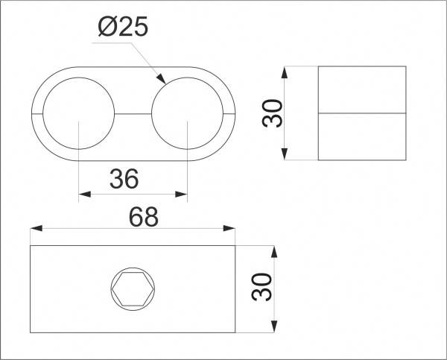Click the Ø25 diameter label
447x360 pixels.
pyautogui.click(x=123, y=26)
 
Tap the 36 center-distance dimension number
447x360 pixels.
pyautogui.click(x=124, y=179)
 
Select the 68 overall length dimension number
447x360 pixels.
pyautogui.click(x=143, y=217)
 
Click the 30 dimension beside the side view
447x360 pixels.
pyautogui.click(x=272, y=113)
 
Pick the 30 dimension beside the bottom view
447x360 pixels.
pyautogui.click(x=262, y=287)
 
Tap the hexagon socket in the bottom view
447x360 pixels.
pyautogui.click(x=133, y=289)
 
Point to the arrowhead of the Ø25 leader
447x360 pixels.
pyautogui.click(x=162, y=79)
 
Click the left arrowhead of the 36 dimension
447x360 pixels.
pyautogui.click(x=85, y=195)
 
